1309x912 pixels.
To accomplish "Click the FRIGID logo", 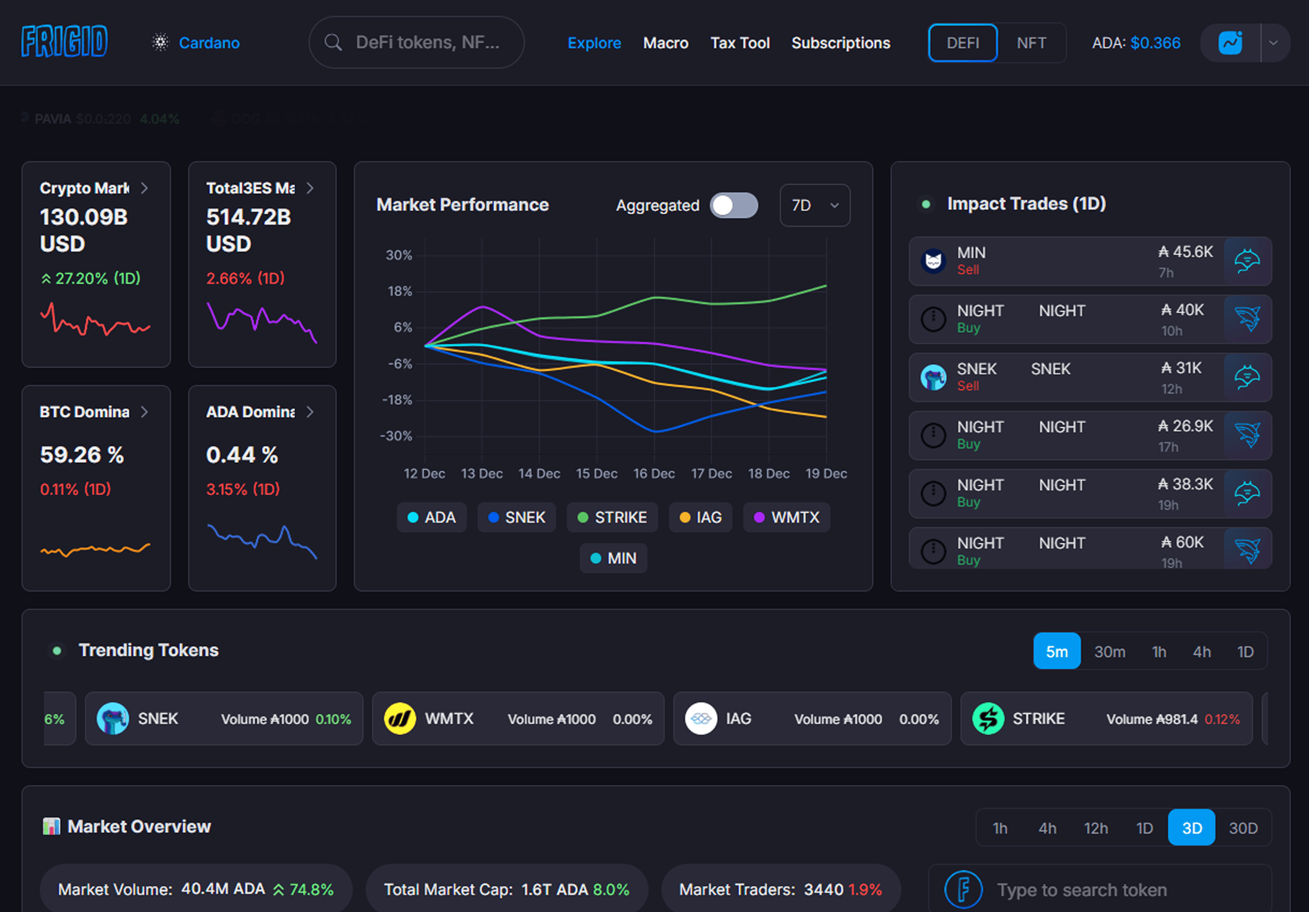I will tap(64, 42).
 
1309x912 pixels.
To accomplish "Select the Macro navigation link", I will tap(665, 43).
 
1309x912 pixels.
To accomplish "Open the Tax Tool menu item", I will tap(740, 43).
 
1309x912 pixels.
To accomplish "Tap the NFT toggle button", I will tap(1031, 43).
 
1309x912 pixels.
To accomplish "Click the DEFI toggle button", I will tap(962, 43).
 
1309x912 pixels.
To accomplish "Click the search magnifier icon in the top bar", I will tap(333, 43).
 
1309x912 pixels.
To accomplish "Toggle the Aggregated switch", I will tap(733, 205).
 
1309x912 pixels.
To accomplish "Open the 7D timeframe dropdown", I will tap(814, 205).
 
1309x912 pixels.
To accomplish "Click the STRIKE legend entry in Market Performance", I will tap(612, 517).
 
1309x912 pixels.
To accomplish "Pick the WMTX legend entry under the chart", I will tap(786, 517).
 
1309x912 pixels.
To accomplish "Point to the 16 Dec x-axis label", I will tap(654, 474).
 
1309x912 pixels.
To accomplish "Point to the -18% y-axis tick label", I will tap(397, 400).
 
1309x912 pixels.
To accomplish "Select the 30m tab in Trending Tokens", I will tap(1109, 652).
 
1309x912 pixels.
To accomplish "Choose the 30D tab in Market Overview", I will tap(1243, 828).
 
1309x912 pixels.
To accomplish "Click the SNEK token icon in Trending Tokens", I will tap(113, 719).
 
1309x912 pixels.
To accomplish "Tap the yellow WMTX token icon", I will tap(399, 719).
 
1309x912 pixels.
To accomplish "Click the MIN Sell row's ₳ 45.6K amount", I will tap(1185, 252).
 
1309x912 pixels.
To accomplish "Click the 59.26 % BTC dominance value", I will tap(82, 454).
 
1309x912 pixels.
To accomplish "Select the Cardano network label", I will tap(209, 43).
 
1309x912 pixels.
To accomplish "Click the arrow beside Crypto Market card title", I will tap(145, 188).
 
